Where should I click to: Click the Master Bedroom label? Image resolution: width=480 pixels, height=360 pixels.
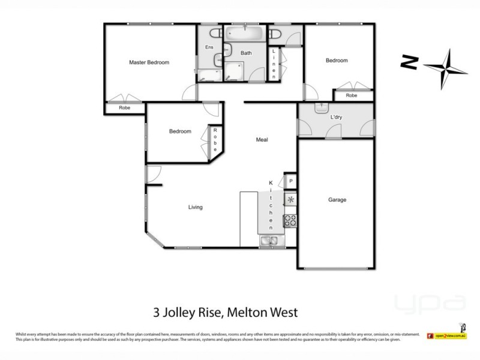pos(149,62)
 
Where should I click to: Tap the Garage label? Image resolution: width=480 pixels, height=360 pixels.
pos(337,200)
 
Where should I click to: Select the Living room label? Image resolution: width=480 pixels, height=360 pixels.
pos(195,208)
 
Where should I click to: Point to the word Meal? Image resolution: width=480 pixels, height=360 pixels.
pos(262,140)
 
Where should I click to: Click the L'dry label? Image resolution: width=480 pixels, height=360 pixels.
pos(336,118)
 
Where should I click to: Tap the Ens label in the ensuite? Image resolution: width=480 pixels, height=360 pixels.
pos(209,47)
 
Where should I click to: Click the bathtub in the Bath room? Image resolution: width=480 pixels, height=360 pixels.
pos(245,33)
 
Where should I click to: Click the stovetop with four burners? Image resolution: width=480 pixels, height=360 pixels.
pos(290,221)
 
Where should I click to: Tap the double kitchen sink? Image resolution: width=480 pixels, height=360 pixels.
pos(269,241)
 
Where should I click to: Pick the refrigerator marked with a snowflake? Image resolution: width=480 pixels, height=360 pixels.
pos(290,200)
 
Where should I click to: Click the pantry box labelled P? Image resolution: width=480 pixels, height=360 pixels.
pos(290,181)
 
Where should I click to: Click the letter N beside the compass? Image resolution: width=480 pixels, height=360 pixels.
pos(410,62)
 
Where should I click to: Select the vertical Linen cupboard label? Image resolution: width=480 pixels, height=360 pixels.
pos(274,64)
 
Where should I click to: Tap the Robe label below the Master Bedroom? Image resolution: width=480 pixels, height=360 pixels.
pos(125,108)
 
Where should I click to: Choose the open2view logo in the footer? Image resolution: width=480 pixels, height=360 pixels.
pos(446,337)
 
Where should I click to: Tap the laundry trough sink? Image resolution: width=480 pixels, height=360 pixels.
pos(321,109)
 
